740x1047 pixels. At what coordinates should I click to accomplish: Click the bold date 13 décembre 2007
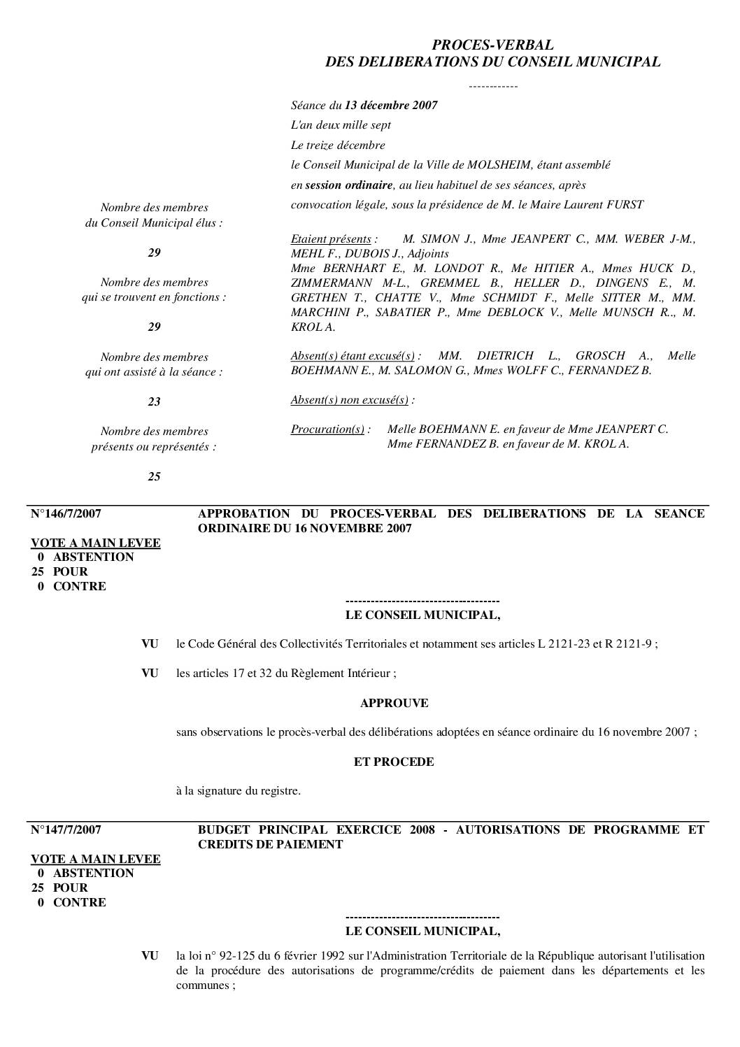tap(391, 106)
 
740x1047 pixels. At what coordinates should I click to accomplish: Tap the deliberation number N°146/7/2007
tap(66, 513)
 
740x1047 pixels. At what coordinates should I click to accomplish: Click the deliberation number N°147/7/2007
tap(66, 829)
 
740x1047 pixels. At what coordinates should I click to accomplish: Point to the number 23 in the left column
tap(154, 401)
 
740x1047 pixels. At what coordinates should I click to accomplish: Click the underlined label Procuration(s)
tap(327, 429)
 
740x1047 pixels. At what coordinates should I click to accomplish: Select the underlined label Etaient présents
tap(331, 239)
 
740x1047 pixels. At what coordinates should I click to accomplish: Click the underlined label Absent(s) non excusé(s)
tap(350, 400)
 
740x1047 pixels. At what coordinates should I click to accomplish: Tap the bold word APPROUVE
tap(394, 703)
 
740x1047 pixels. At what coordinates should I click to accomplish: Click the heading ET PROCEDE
tap(394, 762)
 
